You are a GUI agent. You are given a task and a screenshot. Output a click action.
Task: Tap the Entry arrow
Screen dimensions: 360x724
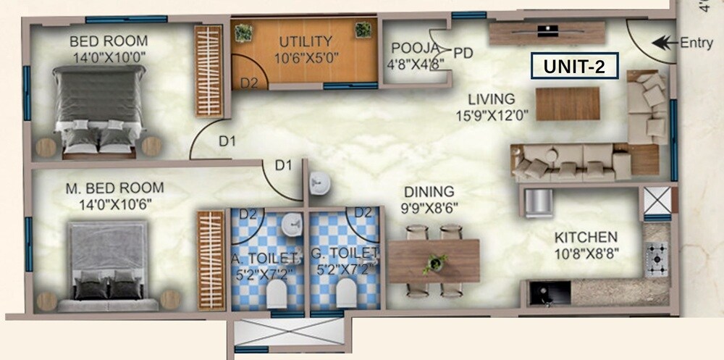660,43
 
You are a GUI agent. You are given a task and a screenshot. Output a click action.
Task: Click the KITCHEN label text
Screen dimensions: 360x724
585,238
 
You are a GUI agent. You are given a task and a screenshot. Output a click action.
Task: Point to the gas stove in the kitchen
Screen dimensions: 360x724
657,259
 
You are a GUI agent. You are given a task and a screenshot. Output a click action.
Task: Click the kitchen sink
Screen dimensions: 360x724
541,293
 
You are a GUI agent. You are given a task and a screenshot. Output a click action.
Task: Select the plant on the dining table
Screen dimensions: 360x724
434,261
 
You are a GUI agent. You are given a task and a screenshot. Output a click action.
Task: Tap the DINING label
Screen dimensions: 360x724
429,192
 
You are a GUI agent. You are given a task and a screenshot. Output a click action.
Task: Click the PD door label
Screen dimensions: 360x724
463,53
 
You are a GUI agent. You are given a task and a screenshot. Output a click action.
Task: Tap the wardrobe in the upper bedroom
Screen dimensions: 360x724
208,70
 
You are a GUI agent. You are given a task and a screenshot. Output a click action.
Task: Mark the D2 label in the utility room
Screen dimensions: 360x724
249,83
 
